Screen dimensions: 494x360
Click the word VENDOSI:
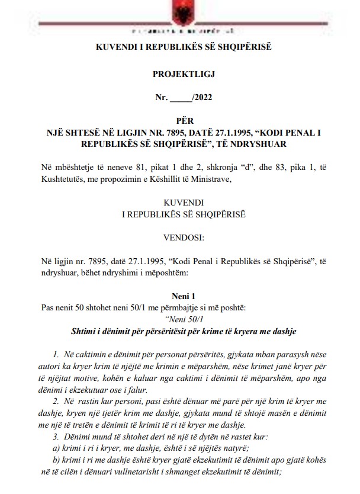point(179,238)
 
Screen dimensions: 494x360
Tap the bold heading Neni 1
point(179,294)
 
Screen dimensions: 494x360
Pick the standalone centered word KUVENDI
point(179,202)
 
